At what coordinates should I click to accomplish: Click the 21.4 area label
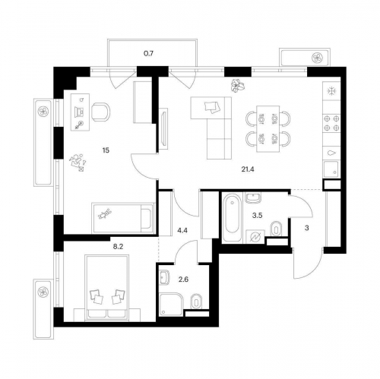(x=248, y=169)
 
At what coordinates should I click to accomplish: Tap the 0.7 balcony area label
(x=149, y=54)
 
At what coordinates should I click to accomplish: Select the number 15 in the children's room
(x=106, y=150)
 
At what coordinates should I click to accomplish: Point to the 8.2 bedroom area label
(x=118, y=247)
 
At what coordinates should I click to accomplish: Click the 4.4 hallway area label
(x=182, y=230)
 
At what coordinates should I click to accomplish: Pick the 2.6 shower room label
(x=183, y=280)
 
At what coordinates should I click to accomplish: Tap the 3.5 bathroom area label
(x=257, y=216)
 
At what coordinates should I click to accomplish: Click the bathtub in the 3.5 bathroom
(x=233, y=216)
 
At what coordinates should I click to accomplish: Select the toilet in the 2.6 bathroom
(x=196, y=302)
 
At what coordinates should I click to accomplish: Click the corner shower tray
(x=171, y=304)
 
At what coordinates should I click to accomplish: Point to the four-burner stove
(x=331, y=122)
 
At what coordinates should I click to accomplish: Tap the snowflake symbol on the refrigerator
(x=331, y=91)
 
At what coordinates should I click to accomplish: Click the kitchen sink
(x=331, y=169)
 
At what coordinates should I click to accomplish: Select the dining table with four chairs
(x=268, y=129)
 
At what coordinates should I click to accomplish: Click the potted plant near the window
(x=237, y=85)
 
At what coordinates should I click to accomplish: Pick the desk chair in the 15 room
(x=100, y=112)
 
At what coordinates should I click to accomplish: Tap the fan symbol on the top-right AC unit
(x=317, y=58)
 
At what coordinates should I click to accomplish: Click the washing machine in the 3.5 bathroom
(x=255, y=237)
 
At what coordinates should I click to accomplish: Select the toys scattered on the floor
(x=78, y=163)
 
